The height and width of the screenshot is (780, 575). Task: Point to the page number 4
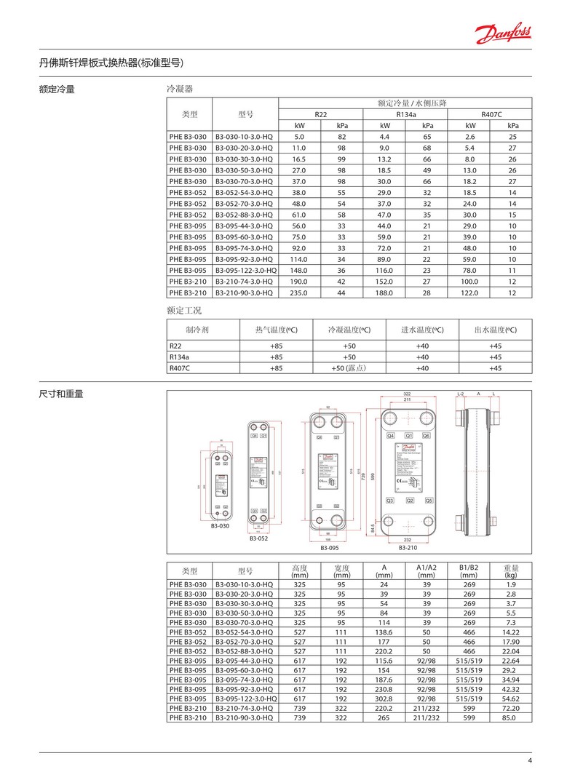click(530, 762)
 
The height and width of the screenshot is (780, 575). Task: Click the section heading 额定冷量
click(57, 89)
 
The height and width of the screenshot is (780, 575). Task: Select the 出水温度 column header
click(496, 329)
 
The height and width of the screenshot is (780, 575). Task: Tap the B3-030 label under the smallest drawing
click(220, 525)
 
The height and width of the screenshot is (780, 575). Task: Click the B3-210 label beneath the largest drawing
click(408, 546)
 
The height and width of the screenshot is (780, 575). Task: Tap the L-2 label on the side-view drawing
click(461, 394)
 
